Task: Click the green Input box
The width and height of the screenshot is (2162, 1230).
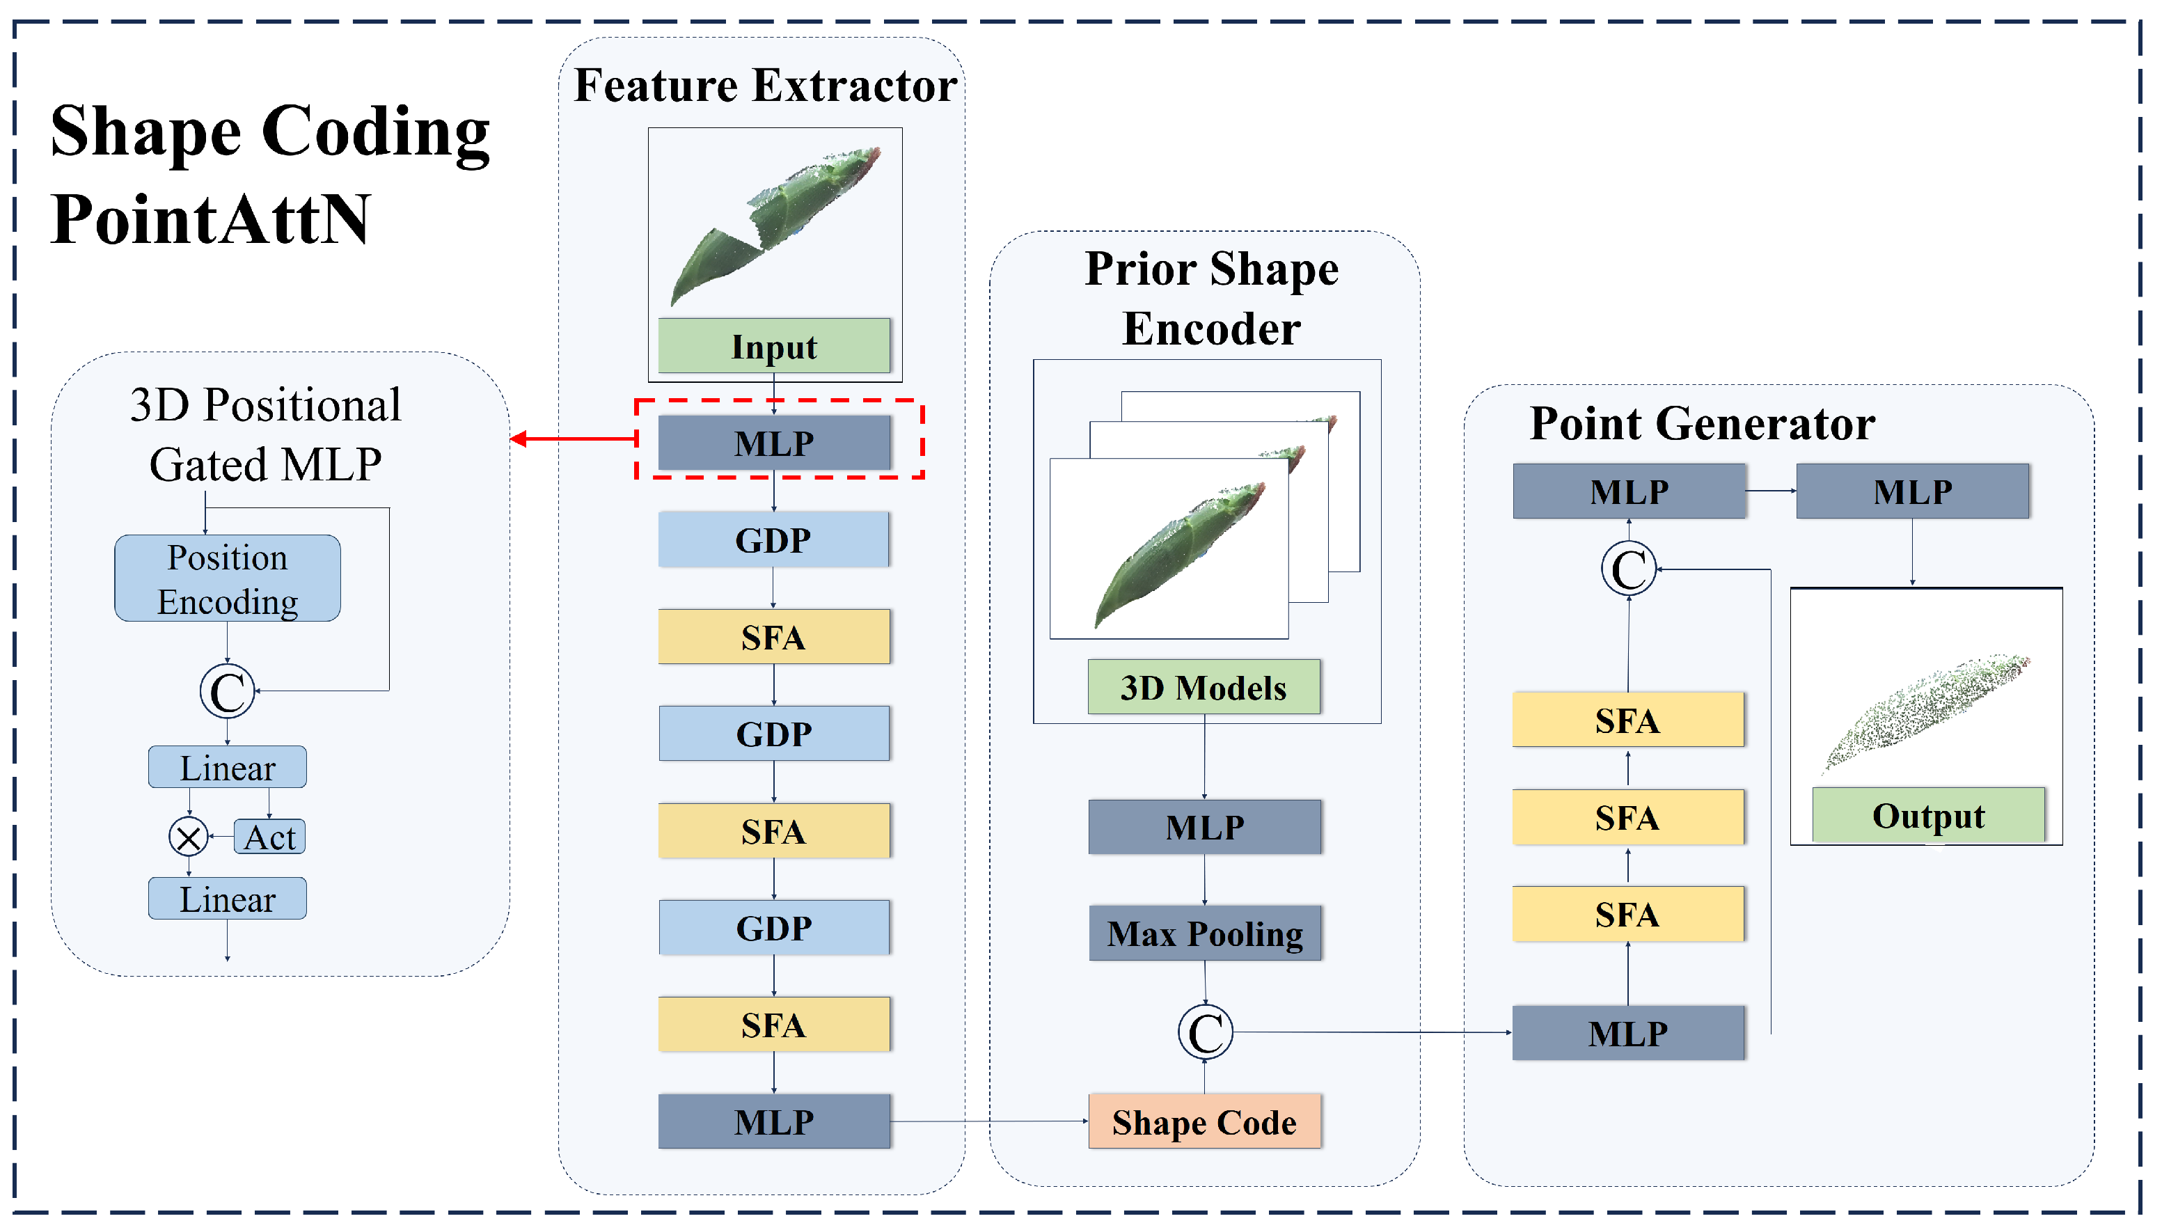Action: (x=773, y=345)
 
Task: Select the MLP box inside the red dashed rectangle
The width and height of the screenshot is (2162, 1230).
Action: (x=773, y=442)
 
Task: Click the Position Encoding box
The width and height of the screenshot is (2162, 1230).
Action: (x=227, y=578)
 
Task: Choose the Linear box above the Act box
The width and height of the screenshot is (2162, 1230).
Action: (x=227, y=767)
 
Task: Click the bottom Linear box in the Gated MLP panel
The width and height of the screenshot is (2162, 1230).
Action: (x=227, y=898)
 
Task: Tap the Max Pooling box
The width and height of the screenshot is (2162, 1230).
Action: (x=1204, y=933)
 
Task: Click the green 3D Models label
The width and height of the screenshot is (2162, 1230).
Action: (x=1204, y=687)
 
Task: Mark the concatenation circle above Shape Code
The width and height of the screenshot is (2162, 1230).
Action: (x=1205, y=1032)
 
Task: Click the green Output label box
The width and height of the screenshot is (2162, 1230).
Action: (x=1928, y=814)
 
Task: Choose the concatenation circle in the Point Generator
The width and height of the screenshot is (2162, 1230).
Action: (x=1628, y=569)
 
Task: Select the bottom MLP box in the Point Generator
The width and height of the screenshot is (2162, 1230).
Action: (x=1627, y=1032)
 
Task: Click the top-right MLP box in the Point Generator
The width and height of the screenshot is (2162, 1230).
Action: (x=1912, y=491)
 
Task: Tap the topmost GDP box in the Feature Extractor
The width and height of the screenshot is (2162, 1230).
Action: (x=773, y=539)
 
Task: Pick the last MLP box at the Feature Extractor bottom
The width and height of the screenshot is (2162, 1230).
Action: (x=773, y=1121)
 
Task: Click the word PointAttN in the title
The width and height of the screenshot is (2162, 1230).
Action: (x=210, y=219)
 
